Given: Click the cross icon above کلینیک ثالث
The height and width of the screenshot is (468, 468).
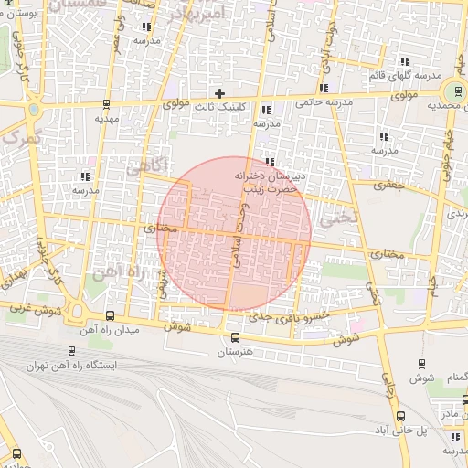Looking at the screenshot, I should pyautogui.click(x=219, y=92).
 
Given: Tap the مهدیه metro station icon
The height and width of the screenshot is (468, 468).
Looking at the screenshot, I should pyautogui.click(x=108, y=103).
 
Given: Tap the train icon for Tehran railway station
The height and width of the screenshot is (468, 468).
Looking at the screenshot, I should pyautogui.click(x=72, y=350).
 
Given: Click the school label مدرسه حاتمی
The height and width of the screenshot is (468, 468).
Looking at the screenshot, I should pyautogui.click(x=320, y=103).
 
